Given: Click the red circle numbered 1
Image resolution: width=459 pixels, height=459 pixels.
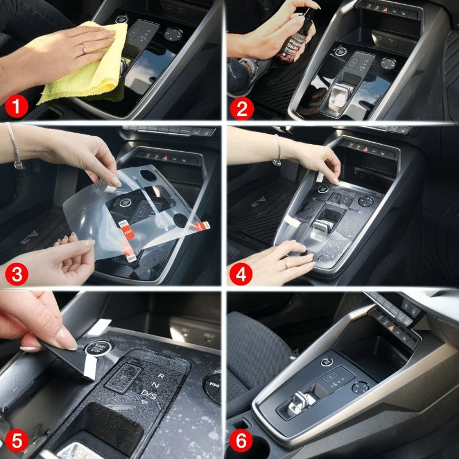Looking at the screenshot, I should [x=16, y=107].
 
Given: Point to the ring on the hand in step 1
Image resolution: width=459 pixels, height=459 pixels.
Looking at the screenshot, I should [x=83, y=48].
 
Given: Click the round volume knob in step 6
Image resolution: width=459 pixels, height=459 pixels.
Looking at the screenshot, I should [x=360, y=387].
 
